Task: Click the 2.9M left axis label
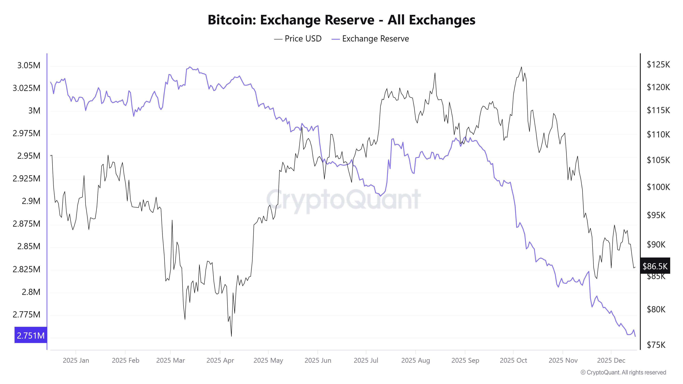tap(31, 201)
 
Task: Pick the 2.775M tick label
tap(26, 315)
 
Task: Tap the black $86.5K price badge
tap(655, 266)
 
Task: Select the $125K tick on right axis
tap(658, 64)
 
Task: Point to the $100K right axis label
tap(658, 187)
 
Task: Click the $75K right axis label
tap(656, 345)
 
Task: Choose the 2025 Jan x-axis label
tap(76, 360)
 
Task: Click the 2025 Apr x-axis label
tap(220, 360)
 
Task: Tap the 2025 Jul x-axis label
tap(366, 360)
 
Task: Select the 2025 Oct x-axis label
tap(513, 360)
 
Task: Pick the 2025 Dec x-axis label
tap(611, 360)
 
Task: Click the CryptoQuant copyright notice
tap(623, 372)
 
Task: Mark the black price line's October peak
tap(521, 67)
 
